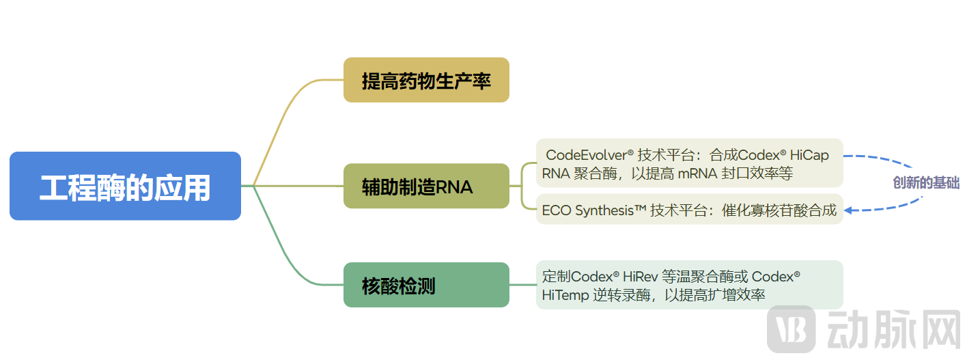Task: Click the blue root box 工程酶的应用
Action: (x=125, y=186)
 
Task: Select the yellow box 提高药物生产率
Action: (x=426, y=81)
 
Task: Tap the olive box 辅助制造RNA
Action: (x=426, y=186)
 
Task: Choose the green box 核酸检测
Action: (x=426, y=285)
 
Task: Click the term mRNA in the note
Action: (x=696, y=174)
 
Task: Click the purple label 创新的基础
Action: (x=926, y=183)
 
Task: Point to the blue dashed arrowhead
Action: (x=849, y=210)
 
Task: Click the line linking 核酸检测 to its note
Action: (x=522, y=285)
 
